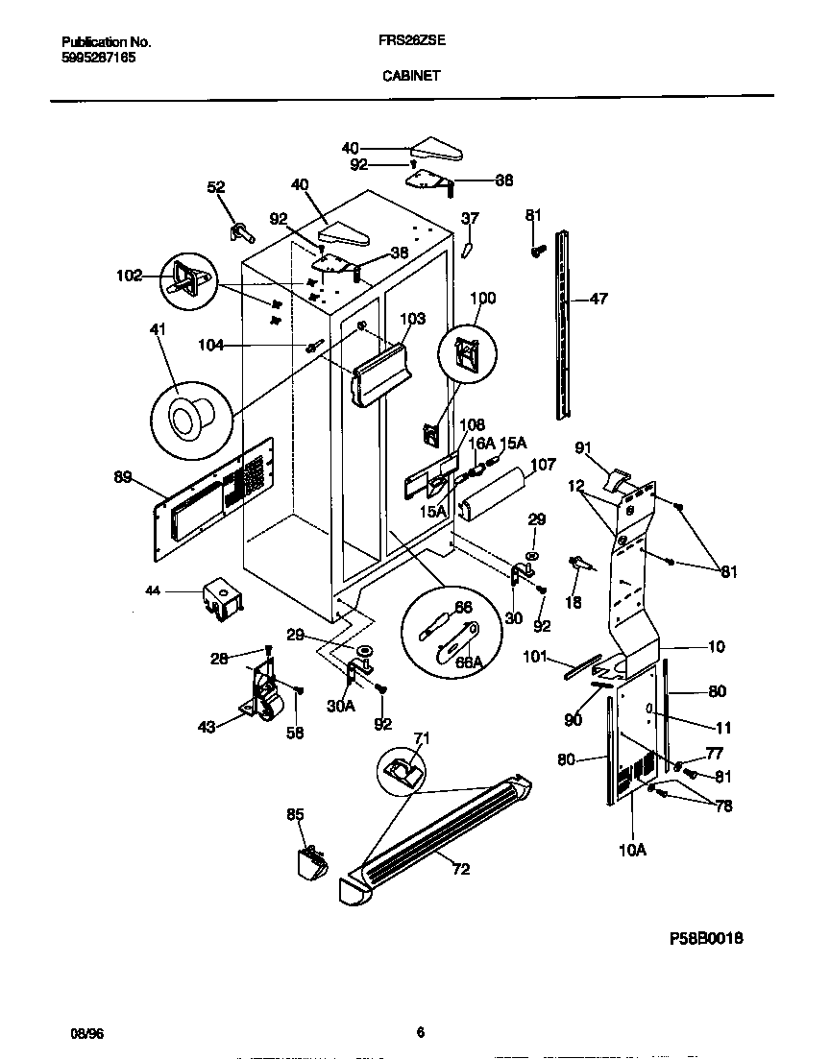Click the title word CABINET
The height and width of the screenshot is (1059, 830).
pos(410,76)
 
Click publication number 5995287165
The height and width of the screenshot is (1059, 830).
pos(98,59)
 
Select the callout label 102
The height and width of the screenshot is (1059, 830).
pos(129,276)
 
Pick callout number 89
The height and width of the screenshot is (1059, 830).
pos(123,476)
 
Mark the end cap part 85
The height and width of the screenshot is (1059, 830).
pos(311,860)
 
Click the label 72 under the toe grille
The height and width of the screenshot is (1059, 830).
pos(461,870)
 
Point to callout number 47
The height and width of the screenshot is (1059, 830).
pos(598,300)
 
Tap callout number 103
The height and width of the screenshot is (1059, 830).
pos(412,318)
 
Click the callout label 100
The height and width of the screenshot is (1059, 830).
pos(482,299)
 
